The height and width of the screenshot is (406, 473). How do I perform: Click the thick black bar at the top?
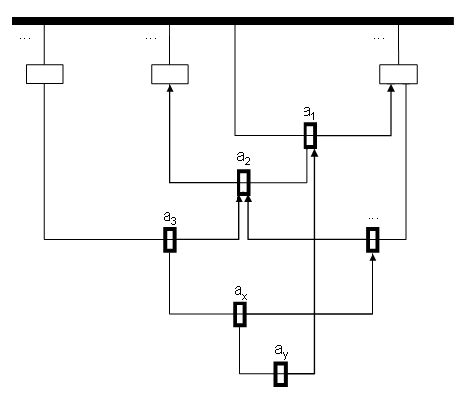(x=233, y=21)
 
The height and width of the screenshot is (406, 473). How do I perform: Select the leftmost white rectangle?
(x=44, y=74)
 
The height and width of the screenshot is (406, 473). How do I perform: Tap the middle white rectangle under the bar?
(x=169, y=74)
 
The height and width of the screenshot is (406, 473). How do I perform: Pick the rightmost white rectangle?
(x=398, y=74)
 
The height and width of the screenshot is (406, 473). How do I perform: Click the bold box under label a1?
(x=310, y=135)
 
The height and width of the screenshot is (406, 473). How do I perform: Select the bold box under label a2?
(x=243, y=182)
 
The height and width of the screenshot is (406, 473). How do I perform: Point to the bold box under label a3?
(x=169, y=239)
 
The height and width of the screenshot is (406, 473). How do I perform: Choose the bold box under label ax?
(x=239, y=314)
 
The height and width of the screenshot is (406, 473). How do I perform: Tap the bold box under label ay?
(x=281, y=373)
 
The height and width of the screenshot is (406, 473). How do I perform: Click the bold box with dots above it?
(x=372, y=239)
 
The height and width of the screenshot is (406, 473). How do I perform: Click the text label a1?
(x=309, y=113)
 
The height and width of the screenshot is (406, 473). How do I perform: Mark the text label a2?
(x=243, y=158)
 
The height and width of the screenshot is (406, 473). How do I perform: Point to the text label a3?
(x=169, y=217)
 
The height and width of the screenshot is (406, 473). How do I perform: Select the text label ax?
(x=240, y=292)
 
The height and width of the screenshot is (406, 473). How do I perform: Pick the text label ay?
(x=281, y=351)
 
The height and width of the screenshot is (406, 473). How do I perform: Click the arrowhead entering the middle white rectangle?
(x=169, y=88)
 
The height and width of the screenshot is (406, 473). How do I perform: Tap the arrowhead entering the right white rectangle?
(x=391, y=88)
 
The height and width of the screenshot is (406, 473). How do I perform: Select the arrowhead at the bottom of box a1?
(x=314, y=153)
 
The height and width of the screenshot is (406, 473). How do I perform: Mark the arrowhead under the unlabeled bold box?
(x=372, y=257)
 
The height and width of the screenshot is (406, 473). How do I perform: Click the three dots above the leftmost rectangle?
(x=25, y=38)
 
